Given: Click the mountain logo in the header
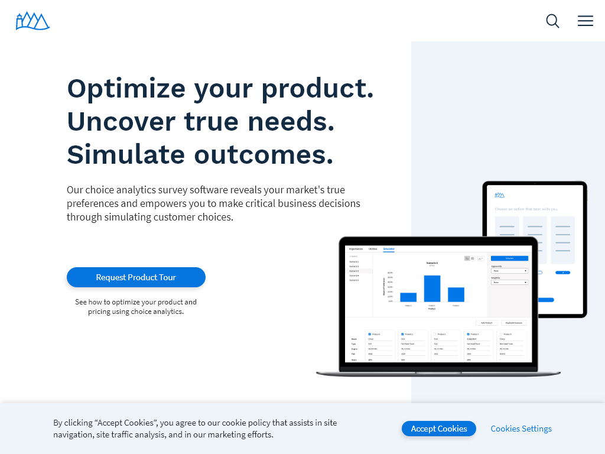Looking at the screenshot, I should coord(32,21).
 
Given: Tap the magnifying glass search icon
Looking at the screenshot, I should coord(552,21).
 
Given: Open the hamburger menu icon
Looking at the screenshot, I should coord(586,21).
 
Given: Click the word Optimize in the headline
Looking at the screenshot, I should coord(126,89).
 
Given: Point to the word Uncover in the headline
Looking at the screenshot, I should coord(121,122).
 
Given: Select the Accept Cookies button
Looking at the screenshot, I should coord(438,429).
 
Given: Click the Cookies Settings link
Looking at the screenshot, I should coord(521,429).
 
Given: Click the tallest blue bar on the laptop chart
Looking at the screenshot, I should coord(432,288).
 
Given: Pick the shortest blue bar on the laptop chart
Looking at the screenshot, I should coord(408,297).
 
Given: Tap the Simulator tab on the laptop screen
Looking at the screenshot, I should coord(389,249).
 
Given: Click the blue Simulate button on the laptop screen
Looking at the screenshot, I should coord(509,258).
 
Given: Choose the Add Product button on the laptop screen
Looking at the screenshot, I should coord(486,323).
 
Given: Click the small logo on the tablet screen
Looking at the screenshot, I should coord(500,194).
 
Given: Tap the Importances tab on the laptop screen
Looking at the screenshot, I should coord(356,249).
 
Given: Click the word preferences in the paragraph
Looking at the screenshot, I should coord(94,203).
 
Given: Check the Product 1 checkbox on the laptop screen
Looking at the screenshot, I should coord(369,334).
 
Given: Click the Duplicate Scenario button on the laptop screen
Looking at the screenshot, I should coord(515,323).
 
